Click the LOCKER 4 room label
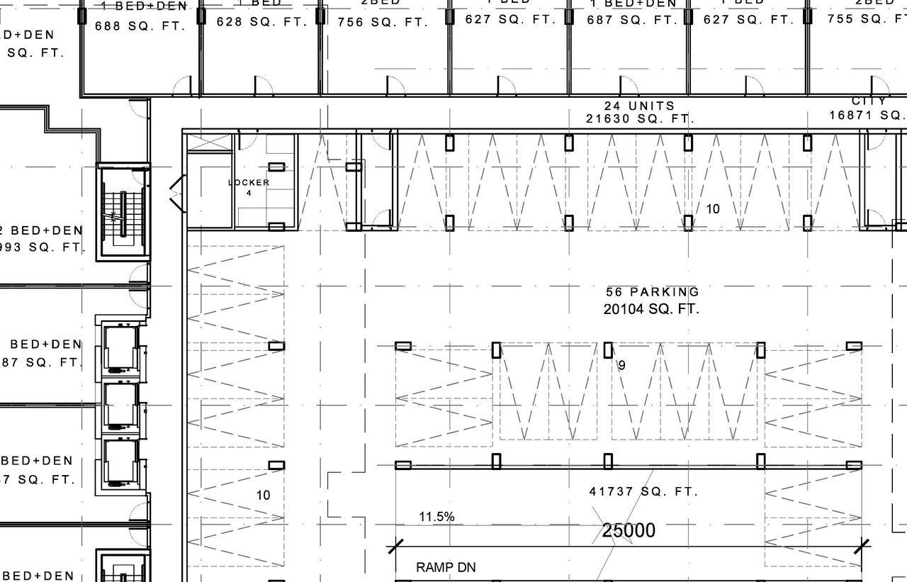249,187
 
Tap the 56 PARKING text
652,292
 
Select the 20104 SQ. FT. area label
651,309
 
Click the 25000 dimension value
629,530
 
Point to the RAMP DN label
446,567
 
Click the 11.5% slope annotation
436,517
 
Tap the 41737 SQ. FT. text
643,491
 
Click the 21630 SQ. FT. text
639,119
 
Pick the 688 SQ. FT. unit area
140,26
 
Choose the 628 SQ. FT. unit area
261,22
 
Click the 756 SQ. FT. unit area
383,22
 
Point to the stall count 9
621,366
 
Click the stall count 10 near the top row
713,209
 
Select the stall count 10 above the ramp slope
263,495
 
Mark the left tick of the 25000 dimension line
395,547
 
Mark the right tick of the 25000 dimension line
862,546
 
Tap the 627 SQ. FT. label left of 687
510,19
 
